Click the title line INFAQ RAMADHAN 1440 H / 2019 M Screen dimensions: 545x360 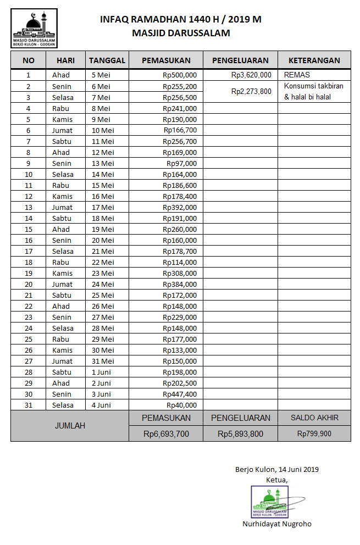[x=180, y=20]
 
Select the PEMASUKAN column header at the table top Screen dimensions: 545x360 [x=166, y=60]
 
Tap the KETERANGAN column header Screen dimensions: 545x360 [x=314, y=60]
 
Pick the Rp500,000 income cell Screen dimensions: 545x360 [x=180, y=75]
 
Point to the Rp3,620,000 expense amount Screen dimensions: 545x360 [x=251, y=75]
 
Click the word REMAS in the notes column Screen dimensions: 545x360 [x=297, y=75]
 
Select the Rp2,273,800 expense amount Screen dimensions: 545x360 [x=251, y=92]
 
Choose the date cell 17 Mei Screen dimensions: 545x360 [x=103, y=207]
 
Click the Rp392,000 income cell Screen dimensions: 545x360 [x=180, y=207]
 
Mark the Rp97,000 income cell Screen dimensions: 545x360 [x=181, y=163]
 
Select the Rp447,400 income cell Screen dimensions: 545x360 [x=180, y=394]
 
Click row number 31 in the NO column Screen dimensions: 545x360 [x=28, y=405]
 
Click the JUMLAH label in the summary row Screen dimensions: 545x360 [x=70, y=426]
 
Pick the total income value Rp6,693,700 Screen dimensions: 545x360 [x=166, y=434]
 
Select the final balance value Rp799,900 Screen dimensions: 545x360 [x=314, y=433]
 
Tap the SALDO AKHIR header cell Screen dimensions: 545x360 [x=314, y=418]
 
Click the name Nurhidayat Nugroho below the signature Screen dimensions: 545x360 [x=277, y=524]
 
